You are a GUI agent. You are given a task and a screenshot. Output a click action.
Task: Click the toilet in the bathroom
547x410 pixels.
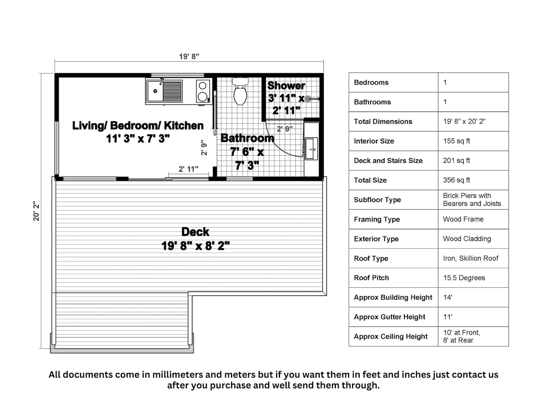(x=240, y=92)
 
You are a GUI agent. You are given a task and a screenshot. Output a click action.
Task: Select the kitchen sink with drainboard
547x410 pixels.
(x=164, y=91)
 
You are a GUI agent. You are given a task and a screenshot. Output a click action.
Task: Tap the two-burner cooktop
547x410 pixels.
(x=203, y=91)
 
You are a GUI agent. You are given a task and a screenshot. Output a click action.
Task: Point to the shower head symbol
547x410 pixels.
(x=309, y=99)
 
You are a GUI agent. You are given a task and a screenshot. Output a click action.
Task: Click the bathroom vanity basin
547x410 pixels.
(x=311, y=149)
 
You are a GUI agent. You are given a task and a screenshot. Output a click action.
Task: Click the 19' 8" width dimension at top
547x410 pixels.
(x=189, y=56)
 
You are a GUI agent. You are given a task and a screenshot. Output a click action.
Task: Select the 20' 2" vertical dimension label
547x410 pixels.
(x=36, y=211)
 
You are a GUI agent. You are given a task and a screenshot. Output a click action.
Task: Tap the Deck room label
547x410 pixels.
(x=195, y=232)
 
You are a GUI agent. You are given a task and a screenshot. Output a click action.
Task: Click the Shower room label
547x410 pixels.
(x=286, y=85)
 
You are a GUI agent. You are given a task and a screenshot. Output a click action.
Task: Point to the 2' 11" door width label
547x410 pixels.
(x=188, y=169)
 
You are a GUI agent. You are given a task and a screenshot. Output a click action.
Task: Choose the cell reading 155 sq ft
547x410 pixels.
(x=456, y=141)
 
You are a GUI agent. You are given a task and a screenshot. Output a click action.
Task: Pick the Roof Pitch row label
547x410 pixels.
(x=371, y=278)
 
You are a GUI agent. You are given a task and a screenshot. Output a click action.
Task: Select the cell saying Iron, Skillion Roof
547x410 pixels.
(x=471, y=258)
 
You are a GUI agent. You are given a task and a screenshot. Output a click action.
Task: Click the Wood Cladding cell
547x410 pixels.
(x=467, y=239)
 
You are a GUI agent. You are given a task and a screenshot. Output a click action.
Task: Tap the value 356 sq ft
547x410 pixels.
(x=456, y=180)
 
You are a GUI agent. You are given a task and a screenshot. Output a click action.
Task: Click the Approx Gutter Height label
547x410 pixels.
(x=390, y=317)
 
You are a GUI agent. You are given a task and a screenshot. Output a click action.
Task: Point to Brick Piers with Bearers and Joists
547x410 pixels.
(x=472, y=200)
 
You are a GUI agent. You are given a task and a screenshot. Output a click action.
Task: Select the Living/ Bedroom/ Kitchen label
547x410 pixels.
(x=138, y=126)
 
